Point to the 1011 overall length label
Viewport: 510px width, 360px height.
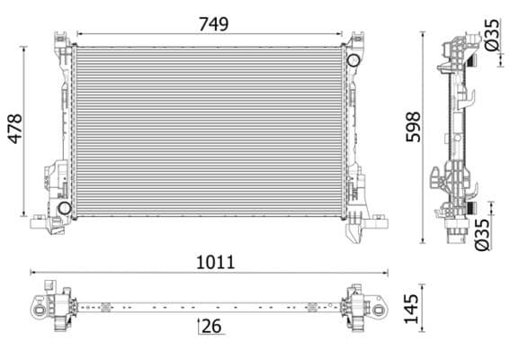pyautogui.click(x=215, y=262)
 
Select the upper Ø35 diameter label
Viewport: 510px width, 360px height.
pyautogui.click(x=491, y=37)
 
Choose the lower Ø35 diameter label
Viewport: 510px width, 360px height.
pyautogui.click(x=483, y=233)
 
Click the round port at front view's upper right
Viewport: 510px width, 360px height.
pyautogui.click(x=353, y=60)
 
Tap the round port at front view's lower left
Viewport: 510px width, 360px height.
pyautogui.click(x=64, y=209)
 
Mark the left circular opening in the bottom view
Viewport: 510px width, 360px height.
pyautogui.click(x=40, y=309)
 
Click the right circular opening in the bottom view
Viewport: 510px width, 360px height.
pyautogui.click(x=380, y=309)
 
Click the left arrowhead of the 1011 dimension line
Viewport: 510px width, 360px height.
pyautogui.click(x=33, y=272)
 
